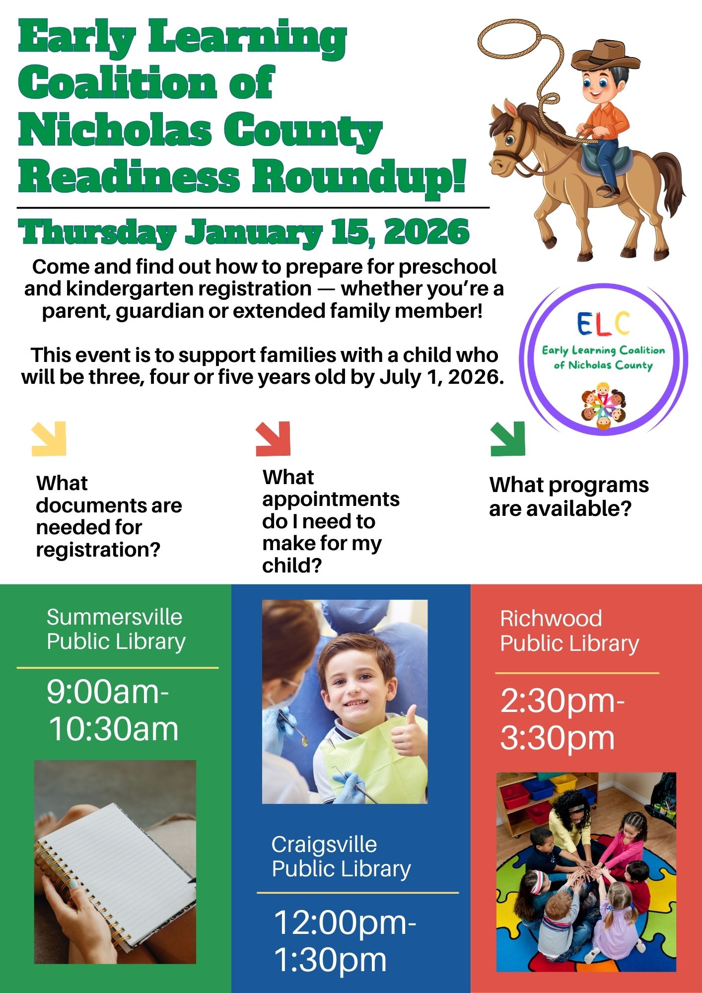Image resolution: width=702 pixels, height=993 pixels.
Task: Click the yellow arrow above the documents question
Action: tap(49, 439)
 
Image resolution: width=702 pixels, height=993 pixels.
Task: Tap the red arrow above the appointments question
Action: tap(273, 439)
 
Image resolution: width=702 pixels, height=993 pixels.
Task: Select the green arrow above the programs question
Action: tap(507, 439)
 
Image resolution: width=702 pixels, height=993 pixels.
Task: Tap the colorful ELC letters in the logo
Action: tap(604, 324)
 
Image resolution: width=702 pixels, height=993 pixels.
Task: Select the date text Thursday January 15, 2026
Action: tap(244, 232)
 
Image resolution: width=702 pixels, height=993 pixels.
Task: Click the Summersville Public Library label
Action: tap(116, 629)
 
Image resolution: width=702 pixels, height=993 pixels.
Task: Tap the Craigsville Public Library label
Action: tap(341, 856)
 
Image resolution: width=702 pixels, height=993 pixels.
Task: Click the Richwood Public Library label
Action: tap(569, 631)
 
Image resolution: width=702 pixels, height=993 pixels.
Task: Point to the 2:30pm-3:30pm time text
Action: tap(562, 719)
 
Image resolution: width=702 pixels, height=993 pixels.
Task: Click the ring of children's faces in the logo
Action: tap(604, 406)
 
